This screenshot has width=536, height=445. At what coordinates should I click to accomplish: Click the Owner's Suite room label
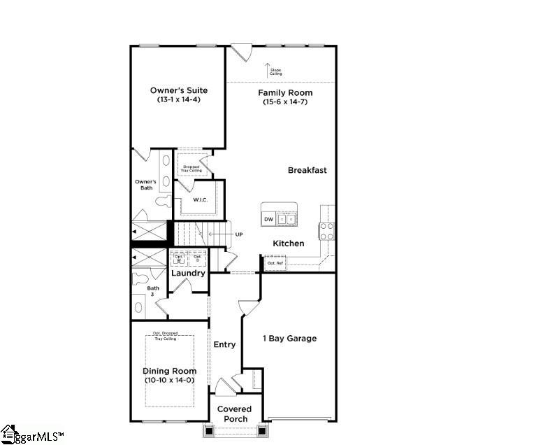[x=179, y=90]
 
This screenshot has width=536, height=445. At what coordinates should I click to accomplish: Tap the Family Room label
[x=285, y=92]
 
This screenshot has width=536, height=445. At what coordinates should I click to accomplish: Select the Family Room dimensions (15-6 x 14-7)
[x=285, y=102]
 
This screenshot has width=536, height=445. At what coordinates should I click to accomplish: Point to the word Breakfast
[x=307, y=170]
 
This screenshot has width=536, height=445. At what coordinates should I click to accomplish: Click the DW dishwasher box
[x=269, y=220]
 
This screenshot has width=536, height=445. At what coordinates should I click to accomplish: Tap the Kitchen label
[x=289, y=243]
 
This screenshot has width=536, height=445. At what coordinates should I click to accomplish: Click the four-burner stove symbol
[x=327, y=231]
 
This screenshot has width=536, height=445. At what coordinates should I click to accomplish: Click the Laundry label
[x=189, y=273]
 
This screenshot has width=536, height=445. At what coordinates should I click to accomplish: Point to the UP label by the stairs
[x=238, y=234]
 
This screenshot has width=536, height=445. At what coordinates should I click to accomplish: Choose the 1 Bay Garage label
[x=289, y=339]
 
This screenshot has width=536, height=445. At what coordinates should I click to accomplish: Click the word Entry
[x=224, y=344]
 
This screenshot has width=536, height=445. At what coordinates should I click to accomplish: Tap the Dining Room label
[x=170, y=371]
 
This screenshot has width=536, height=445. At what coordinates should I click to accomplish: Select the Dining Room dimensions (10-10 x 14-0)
[x=170, y=380]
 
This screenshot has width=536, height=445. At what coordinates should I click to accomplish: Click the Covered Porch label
[x=234, y=414]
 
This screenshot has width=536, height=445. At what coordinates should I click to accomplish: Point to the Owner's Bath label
[x=145, y=185]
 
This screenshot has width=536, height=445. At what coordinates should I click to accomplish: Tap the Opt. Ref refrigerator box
[x=274, y=263]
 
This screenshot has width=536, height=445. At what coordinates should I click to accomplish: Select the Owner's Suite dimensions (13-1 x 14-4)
[x=179, y=100]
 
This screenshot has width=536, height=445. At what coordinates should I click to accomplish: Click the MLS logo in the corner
[x=31, y=435]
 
